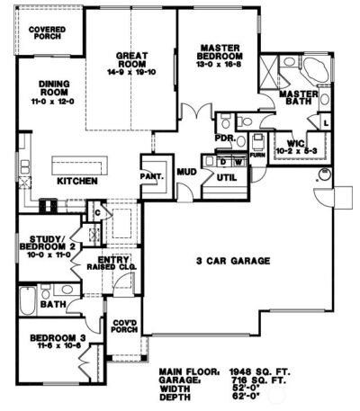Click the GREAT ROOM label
click(x=132, y=64)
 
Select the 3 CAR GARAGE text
click(x=234, y=261)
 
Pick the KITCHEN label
click(x=76, y=181)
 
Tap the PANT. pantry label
click(x=150, y=176)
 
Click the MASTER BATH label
click(x=296, y=99)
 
